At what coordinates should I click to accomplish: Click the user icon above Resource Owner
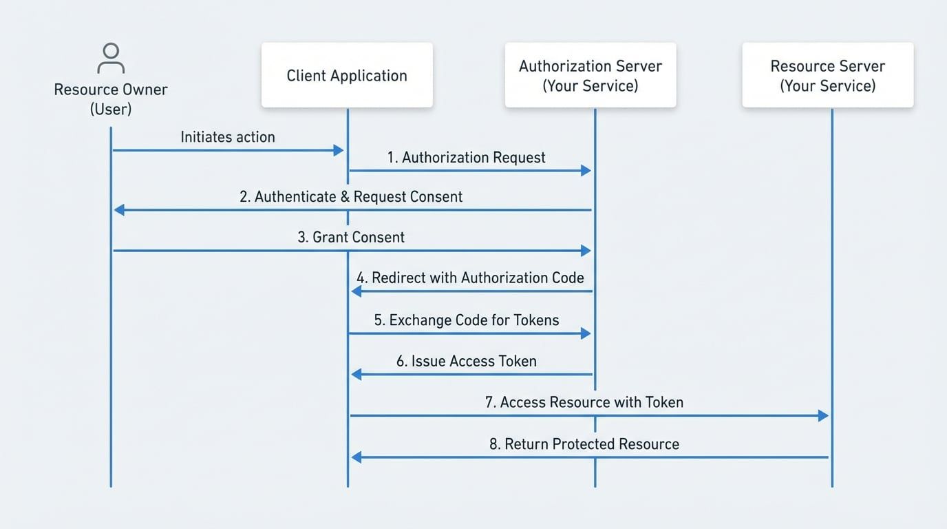[x=110, y=59]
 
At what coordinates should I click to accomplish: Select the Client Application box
[x=347, y=75]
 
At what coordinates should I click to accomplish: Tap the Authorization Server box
[x=590, y=75]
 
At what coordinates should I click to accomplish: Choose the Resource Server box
[x=827, y=75]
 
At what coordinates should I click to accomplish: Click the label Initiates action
[x=228, y=137]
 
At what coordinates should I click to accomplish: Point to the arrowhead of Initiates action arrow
[x=338, y=150]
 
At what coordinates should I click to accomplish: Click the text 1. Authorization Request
[x=467, y=158]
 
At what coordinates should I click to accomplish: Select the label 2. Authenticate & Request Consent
[x=351, y=197]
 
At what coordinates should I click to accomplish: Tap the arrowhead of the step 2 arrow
[x=119, y=209]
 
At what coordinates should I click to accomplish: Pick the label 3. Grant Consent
[x=351, y=238]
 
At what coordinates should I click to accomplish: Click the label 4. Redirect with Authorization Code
[x=470, y=278]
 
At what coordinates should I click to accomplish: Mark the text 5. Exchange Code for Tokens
[x=467, y=320]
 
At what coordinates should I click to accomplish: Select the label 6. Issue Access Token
[x=467, y=362]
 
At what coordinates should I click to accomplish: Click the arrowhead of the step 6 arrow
[x=356, y=374]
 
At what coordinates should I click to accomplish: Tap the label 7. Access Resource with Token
[x=584, y=402]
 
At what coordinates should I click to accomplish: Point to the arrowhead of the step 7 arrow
[x=823, y=415]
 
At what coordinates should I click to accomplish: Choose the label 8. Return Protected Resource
[x=584, y=444]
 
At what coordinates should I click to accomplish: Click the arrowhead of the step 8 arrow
[x=356, y=457]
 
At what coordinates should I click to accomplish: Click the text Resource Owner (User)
[x=111, y=99]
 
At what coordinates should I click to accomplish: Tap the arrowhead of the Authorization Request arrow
[x=586, y=170]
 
